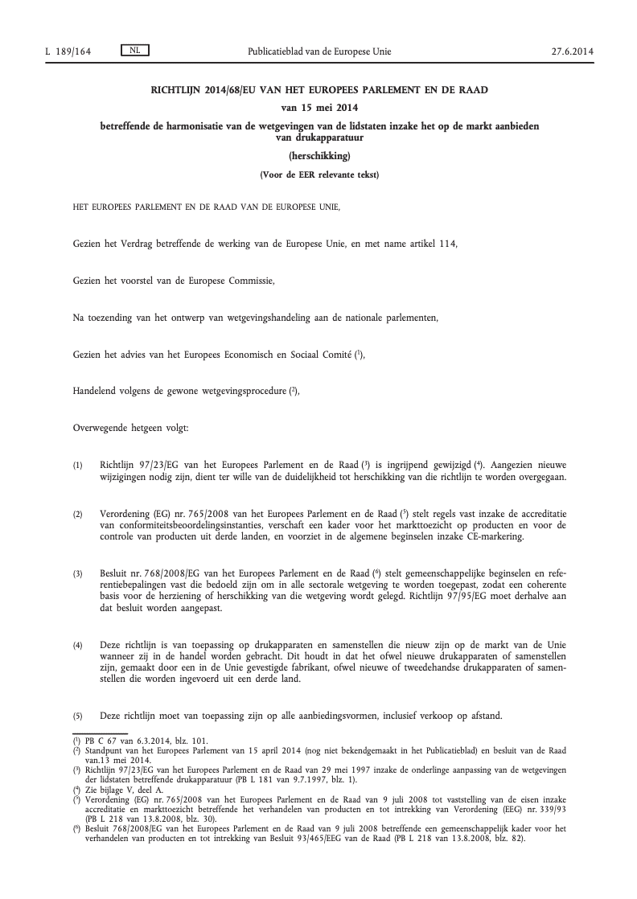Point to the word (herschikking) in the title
(319, 157)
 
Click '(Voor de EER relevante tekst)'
(319, 174)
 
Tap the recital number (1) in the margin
(78, 466)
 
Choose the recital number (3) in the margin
(78, 573)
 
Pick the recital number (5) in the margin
(78, 716)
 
